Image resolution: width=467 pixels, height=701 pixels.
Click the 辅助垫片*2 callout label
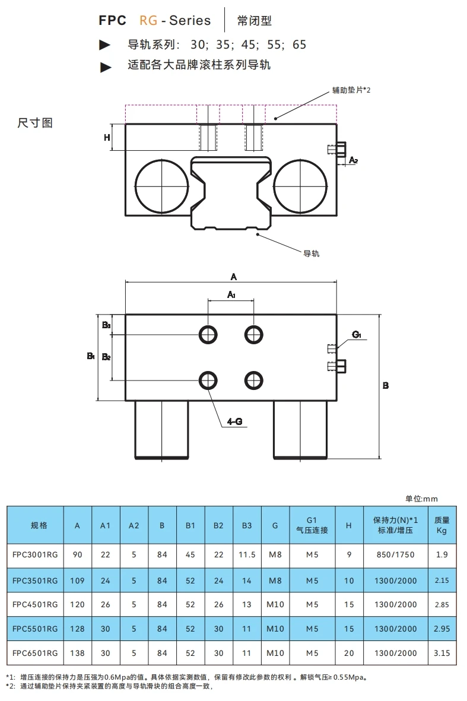tap(351, 90)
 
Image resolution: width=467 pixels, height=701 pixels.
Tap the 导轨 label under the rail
tap(312, 253)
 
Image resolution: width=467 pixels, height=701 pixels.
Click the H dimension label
tap(107, 137)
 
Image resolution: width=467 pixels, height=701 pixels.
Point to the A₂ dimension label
tap(353, 160)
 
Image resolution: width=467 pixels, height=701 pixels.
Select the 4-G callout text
tap(234, 421)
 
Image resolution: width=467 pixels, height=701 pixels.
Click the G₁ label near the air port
tap(357, 335)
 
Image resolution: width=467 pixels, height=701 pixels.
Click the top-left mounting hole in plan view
tap(208, 334)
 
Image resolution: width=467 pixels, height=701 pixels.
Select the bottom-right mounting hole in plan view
tap(254, 379)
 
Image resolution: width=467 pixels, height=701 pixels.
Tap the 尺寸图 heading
tap(35, 123)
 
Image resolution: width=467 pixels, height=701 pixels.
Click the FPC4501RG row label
tap(35, 605)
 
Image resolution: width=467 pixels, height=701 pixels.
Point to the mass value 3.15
tap(441, 653)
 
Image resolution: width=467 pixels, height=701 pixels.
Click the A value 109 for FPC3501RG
tap(77, 581)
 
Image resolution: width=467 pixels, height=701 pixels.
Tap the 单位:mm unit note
tap(421, 499)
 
